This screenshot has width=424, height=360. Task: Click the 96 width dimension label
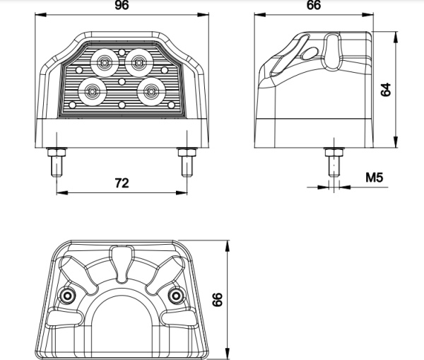[122, 5]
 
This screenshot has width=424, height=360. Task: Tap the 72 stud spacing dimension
[122, 183]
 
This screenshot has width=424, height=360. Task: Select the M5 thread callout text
[375, 178]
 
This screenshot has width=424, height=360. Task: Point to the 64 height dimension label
[386, 89]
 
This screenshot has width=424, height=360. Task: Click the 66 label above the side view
[314, 5]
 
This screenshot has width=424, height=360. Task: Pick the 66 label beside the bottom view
[217, 299]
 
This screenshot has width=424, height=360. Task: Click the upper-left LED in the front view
[105, 63]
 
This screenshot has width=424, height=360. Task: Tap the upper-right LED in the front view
[139, 63]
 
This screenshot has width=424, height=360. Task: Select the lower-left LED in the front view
[93, 92]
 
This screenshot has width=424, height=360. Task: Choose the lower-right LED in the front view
[151, 92]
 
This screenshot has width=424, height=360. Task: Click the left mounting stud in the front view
[57, 162]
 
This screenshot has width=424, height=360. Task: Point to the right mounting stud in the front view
[187, 162]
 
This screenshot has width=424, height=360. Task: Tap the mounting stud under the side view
[334, 162]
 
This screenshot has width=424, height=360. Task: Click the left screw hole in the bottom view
[66, 296]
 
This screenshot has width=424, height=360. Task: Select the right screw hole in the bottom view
[175, 296]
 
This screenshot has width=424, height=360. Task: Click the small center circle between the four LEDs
[122, 81]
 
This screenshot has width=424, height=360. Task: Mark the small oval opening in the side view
[310, 53]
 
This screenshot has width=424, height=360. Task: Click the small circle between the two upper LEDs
[122, 52]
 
